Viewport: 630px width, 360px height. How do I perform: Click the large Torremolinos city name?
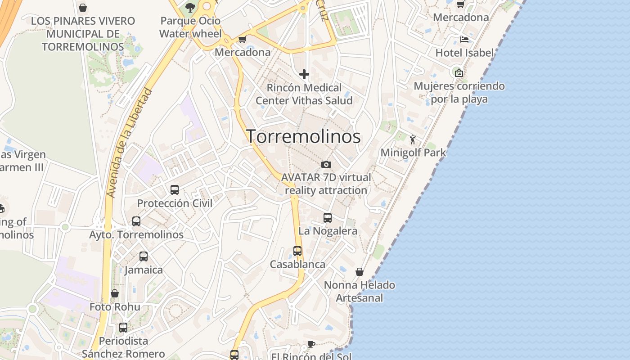303,137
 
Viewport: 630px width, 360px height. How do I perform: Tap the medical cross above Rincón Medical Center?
304,74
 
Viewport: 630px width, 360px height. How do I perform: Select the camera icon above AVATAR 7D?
326,165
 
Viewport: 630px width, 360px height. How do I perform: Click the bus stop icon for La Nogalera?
328,218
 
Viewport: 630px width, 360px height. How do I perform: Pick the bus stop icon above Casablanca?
297,251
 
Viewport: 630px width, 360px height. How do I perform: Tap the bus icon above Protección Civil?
175,190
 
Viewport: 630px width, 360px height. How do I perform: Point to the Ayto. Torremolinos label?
136,234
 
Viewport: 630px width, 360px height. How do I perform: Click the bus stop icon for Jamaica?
144,256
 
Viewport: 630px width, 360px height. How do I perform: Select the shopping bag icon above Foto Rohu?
115,293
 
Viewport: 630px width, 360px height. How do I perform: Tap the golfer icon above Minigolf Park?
413,139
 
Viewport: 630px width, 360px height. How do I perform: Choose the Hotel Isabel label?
464,53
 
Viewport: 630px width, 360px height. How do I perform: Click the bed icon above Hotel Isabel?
464,40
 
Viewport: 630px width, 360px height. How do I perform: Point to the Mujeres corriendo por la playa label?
459,92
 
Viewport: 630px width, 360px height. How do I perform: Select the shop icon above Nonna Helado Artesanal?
360,272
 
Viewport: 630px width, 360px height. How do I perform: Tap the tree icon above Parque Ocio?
190,7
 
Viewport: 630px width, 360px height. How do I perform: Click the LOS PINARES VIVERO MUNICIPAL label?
83,34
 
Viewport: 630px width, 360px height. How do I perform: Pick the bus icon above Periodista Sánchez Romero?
123,328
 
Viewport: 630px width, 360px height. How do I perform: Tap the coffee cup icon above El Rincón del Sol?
311,344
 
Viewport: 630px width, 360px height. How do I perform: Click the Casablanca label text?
297,264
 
